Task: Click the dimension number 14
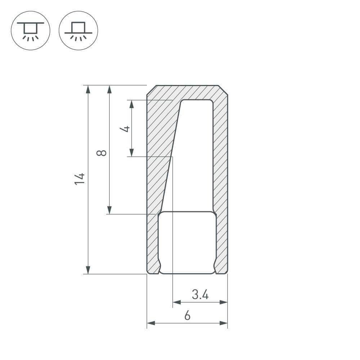point(80,179)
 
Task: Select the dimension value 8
point(102,153)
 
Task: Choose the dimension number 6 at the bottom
point(187,316)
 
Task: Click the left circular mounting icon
point(31,31)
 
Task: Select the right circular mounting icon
point(78,31)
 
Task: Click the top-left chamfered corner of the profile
point(151,90)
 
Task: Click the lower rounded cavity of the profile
point(187,243)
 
